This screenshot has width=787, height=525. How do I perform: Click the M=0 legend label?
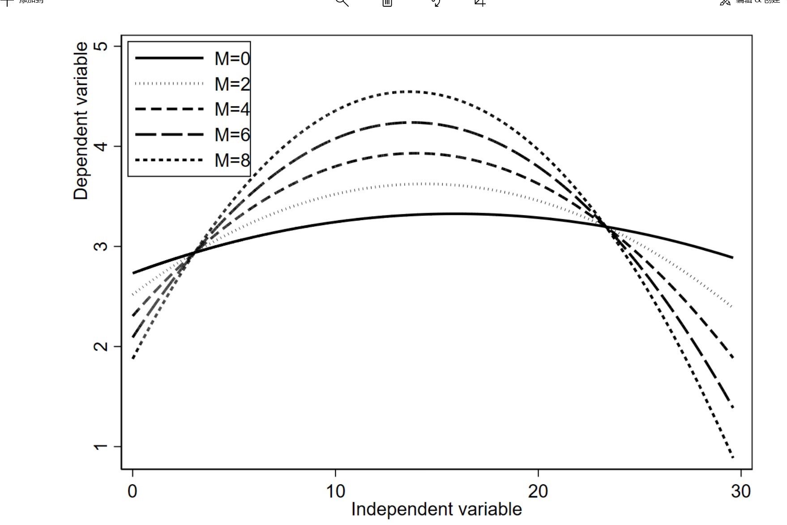coord(232,59)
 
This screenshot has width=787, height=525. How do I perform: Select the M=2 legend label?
coord(232,84)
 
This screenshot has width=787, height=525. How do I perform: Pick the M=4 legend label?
coord(232,109)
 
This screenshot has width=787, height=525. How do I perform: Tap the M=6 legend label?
coord(232,135)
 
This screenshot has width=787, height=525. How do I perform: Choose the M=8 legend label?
coord(232,160)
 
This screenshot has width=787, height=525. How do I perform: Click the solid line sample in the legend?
coord(169,58)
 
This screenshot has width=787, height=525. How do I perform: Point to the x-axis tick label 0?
coord(133,491)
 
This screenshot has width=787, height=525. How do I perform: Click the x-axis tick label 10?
coord(335,491)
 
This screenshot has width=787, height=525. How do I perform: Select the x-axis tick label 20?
coord(538,491)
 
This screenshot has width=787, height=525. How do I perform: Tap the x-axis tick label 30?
coord(740,491)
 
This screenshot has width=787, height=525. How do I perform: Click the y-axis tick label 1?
coord(101,447)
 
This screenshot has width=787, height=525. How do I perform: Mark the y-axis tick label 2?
coord(101,346)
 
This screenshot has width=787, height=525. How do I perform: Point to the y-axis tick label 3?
coord(101,246)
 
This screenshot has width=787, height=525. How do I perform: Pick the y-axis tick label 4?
coord(101,146)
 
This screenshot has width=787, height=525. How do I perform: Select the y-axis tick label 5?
coord(101,46)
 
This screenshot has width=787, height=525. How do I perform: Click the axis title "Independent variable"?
coord(436,509)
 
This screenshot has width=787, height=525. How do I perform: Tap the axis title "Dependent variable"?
coord(81,121)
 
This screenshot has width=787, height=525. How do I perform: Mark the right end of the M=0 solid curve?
coord(732,257)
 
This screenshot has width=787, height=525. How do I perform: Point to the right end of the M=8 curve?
coord(732,457)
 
